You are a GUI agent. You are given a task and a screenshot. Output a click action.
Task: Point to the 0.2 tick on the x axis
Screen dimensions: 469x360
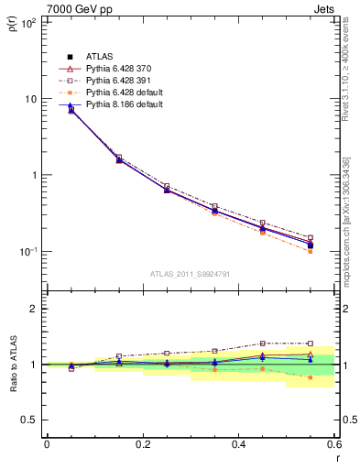[x=142, y=443]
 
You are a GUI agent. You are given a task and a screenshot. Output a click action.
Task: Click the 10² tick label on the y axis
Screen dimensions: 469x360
[x=27, y=22]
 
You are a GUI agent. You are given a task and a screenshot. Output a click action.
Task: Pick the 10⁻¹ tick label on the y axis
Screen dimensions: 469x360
[x=27, y=251]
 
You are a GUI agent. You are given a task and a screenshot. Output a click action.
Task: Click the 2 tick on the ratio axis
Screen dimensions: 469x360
[x=32, y=309]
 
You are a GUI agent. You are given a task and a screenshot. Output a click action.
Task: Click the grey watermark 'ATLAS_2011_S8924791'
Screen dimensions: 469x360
[x=190, y=274]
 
